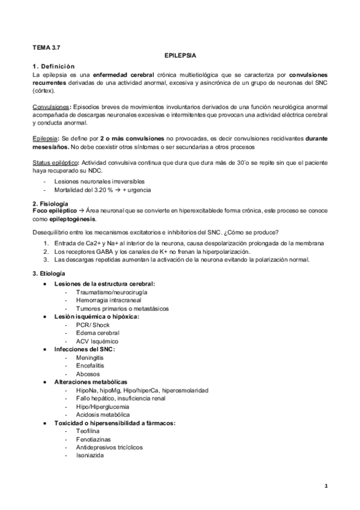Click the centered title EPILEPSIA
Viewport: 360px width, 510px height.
coord(180,55)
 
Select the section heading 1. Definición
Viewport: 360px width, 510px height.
coord(53,65)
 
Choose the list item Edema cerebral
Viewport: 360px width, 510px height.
coord(98,333)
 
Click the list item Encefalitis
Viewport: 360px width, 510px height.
coord(91,366)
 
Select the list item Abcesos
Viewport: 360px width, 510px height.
coord(88,374)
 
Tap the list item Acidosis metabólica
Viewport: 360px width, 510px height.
coord(103,415)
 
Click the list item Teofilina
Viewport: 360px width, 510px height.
coord(88,431)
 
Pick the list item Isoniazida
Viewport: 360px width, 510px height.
coord(90,456)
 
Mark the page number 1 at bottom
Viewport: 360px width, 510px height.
coord(325,485)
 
